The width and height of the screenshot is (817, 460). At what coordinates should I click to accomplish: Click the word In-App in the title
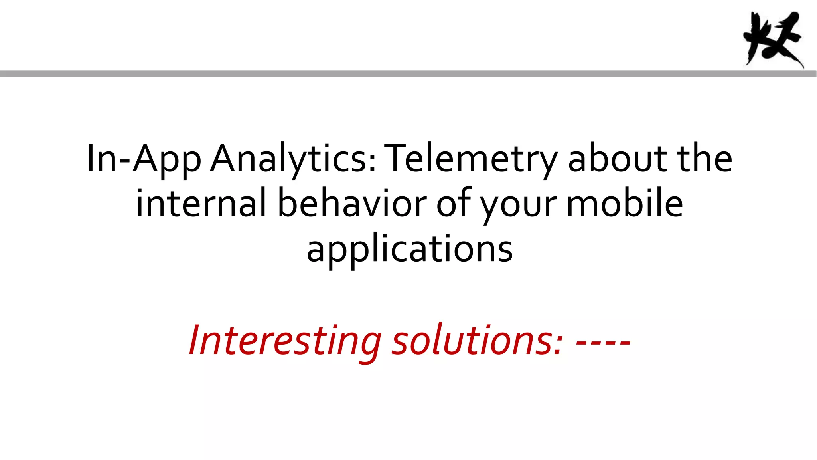click(144, 159)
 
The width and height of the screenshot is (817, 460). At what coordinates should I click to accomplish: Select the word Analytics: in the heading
click(293, 159)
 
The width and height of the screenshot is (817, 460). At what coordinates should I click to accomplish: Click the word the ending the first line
click(705, 159)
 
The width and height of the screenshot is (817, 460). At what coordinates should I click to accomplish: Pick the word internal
click(201, 204)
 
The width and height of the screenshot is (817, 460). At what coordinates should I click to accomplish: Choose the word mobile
click(625, 204)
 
